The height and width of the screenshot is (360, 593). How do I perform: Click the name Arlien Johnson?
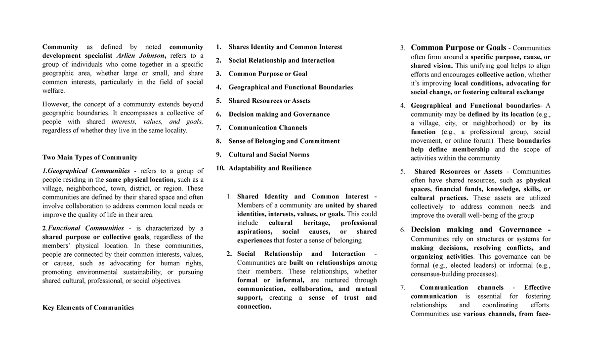140,55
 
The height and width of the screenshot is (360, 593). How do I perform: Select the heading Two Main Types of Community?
90,158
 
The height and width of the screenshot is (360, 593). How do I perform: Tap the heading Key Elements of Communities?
88,308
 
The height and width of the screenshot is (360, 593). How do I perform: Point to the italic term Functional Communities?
86,228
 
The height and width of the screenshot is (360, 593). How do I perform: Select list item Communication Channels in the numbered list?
267,127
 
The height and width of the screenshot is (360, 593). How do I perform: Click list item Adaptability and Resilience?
270,168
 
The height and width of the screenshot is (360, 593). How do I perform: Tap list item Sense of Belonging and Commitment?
284,141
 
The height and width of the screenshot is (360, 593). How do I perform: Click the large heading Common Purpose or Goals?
458,48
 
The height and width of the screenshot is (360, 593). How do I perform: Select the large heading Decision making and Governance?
476,230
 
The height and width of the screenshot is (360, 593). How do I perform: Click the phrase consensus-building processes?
454,275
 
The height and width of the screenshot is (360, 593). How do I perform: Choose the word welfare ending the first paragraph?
53,91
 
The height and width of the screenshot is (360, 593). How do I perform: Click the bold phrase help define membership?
450,150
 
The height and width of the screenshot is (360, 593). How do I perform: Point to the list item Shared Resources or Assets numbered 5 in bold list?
269,101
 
